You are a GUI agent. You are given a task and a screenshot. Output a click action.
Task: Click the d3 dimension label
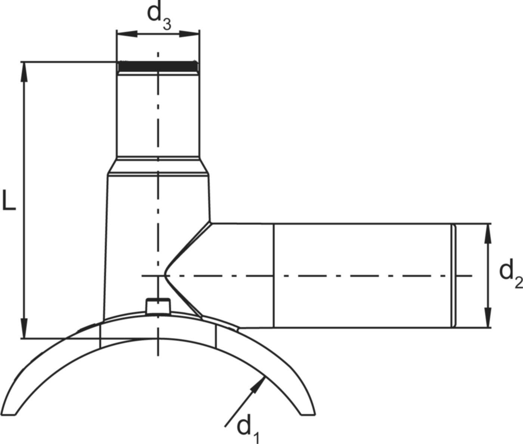click(x=159, y=15)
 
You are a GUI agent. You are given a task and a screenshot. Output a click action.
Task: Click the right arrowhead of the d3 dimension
click(x=194, y=34)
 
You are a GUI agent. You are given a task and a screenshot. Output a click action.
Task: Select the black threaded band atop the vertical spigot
click(x=158, y=67)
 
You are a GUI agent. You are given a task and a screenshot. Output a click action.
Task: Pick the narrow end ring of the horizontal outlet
click(x=454, y=276)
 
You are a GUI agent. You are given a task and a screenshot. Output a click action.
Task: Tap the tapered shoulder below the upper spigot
click(x=158, y=166)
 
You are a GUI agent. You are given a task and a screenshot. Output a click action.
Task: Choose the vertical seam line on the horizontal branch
click(x=274, y=276)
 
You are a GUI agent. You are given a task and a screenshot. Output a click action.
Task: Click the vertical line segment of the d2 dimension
click(x=488, y=276)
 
